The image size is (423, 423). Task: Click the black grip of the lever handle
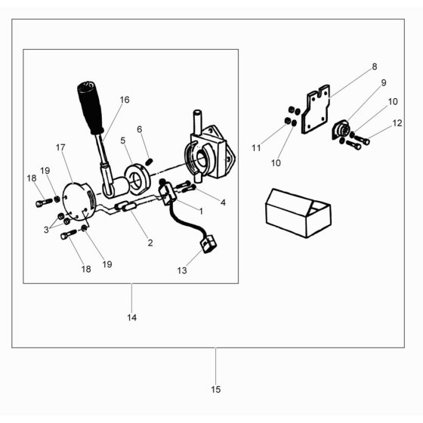(90, 107)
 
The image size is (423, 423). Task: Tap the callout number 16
(125, 100)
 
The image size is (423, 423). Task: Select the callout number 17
(60, 147)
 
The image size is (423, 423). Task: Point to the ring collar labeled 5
(137, 180)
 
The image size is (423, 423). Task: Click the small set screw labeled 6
(150, 162)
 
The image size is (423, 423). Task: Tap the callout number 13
(182, 270)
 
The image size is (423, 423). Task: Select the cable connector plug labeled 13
(208, 244)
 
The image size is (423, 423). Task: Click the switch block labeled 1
(167, 193)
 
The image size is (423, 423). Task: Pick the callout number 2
(150, 242)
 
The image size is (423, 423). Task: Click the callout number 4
(223, 202)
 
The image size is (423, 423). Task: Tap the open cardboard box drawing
(298, 213)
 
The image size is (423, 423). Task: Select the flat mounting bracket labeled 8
(316, 109)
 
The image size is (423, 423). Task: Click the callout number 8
(375, 66)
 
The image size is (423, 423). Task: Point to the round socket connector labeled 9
(341, 130)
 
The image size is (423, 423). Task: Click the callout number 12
(397, 123)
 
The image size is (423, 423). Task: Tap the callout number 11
(256, 148)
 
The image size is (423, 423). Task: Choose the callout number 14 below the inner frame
(132, 317)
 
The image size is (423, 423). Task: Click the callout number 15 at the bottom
(216, 389)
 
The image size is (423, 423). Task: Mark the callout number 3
(46, 230)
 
